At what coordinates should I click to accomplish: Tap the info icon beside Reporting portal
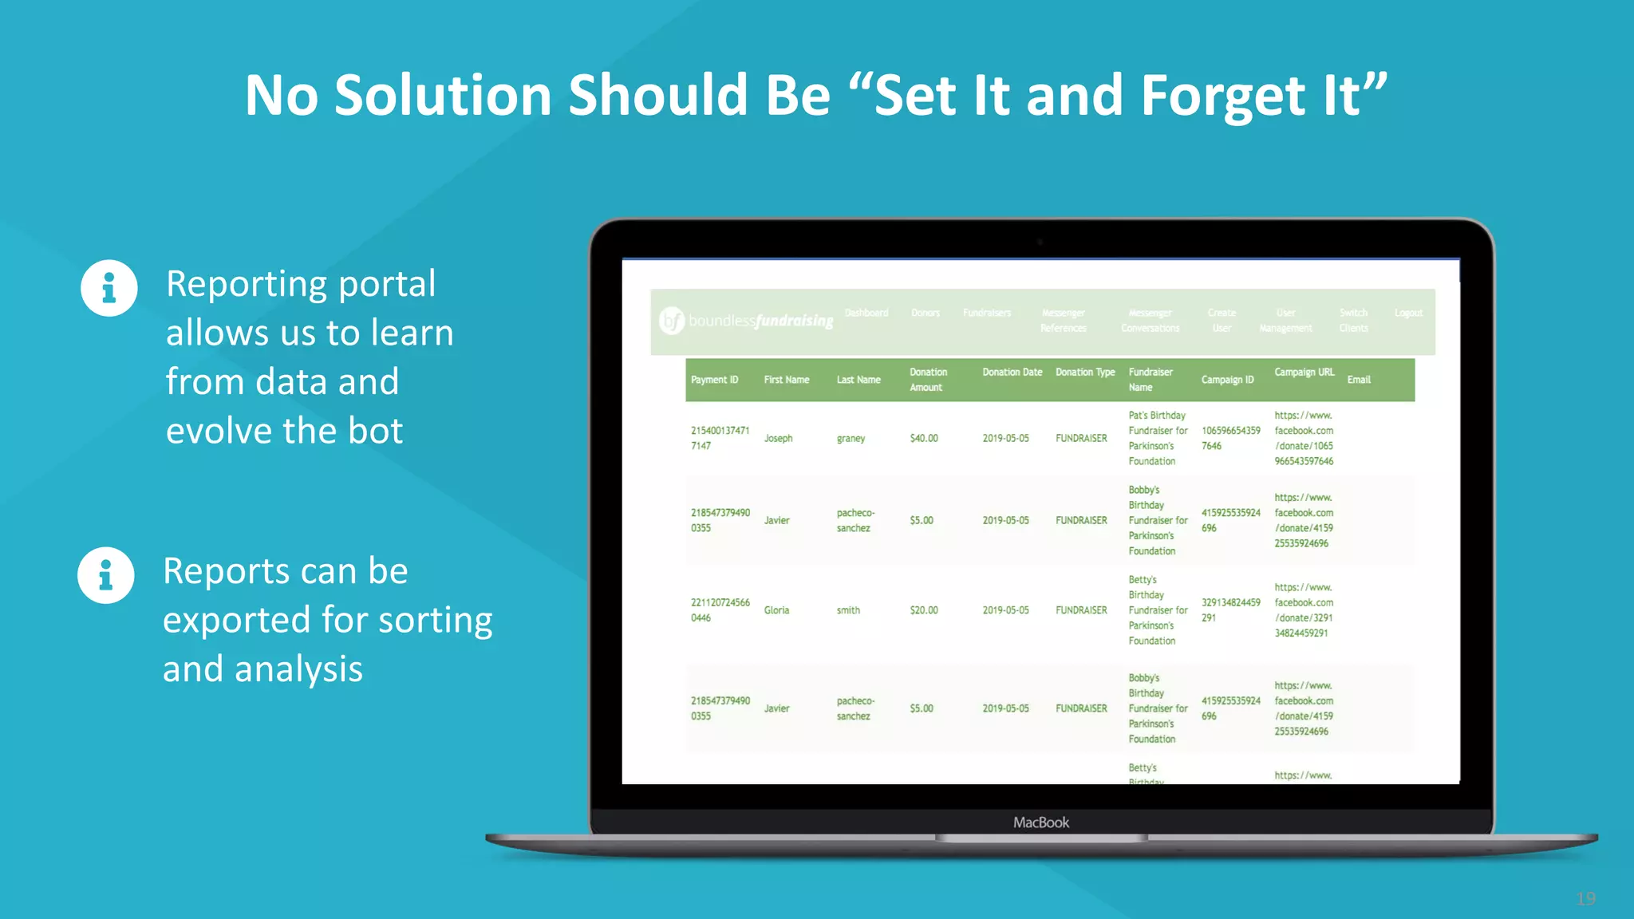pos(109,288)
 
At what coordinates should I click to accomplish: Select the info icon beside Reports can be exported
pos(106,575)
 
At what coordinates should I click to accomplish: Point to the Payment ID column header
pos(714,380)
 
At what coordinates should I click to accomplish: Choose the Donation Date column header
pos(1012,373)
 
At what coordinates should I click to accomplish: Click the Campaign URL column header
pos(1304,373)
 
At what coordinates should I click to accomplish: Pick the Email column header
pos(1359,380)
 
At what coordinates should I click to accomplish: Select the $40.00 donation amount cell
pos(924,439)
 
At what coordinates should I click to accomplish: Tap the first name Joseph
pos(778,439)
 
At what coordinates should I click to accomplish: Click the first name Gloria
pos(776,610)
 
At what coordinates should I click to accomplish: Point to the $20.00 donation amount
pos(924,610)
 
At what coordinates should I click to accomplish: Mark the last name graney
pos(851,439)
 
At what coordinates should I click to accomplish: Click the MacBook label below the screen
pos(1041,822)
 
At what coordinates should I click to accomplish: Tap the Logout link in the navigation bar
pos(1408,313)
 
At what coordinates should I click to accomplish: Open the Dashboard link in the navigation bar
pos(866,313)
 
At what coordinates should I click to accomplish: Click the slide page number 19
pos(1586,899)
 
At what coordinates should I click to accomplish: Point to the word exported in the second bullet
pos(237,620)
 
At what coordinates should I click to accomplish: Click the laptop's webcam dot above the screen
pos(1040,242)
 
